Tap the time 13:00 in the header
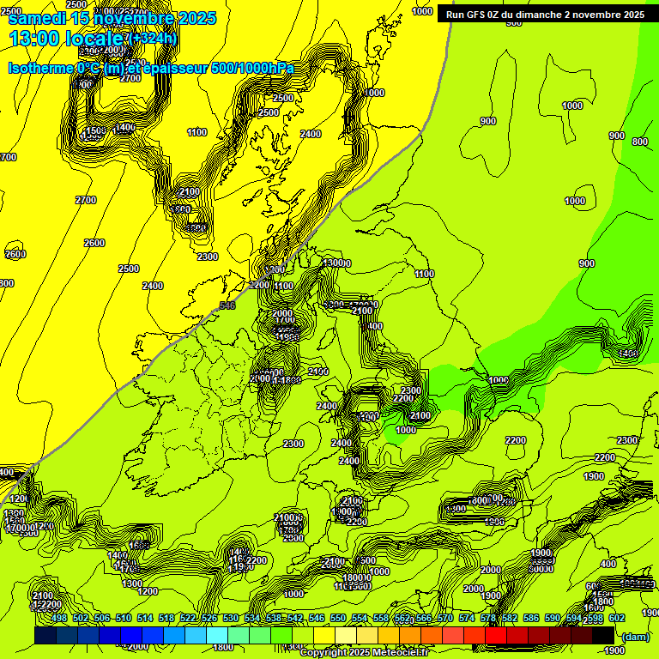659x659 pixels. click(x=33, y=39)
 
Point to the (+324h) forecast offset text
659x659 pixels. click(x=153, y=39)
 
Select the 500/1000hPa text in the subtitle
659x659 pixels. click(x=252, y=68)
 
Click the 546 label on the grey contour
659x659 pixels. click(x=227, y=305)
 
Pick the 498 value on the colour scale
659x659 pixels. click(x=59, y=618)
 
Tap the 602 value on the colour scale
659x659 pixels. click(x=617, y=618)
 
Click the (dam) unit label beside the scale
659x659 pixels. click(x=636, y=637)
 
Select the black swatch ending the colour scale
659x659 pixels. click(x=603, y=635)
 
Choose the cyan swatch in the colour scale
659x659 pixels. click(x=217, y=635)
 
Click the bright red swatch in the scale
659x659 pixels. click(x=496, y=635)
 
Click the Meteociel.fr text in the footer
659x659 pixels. click(x=402, y=653)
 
